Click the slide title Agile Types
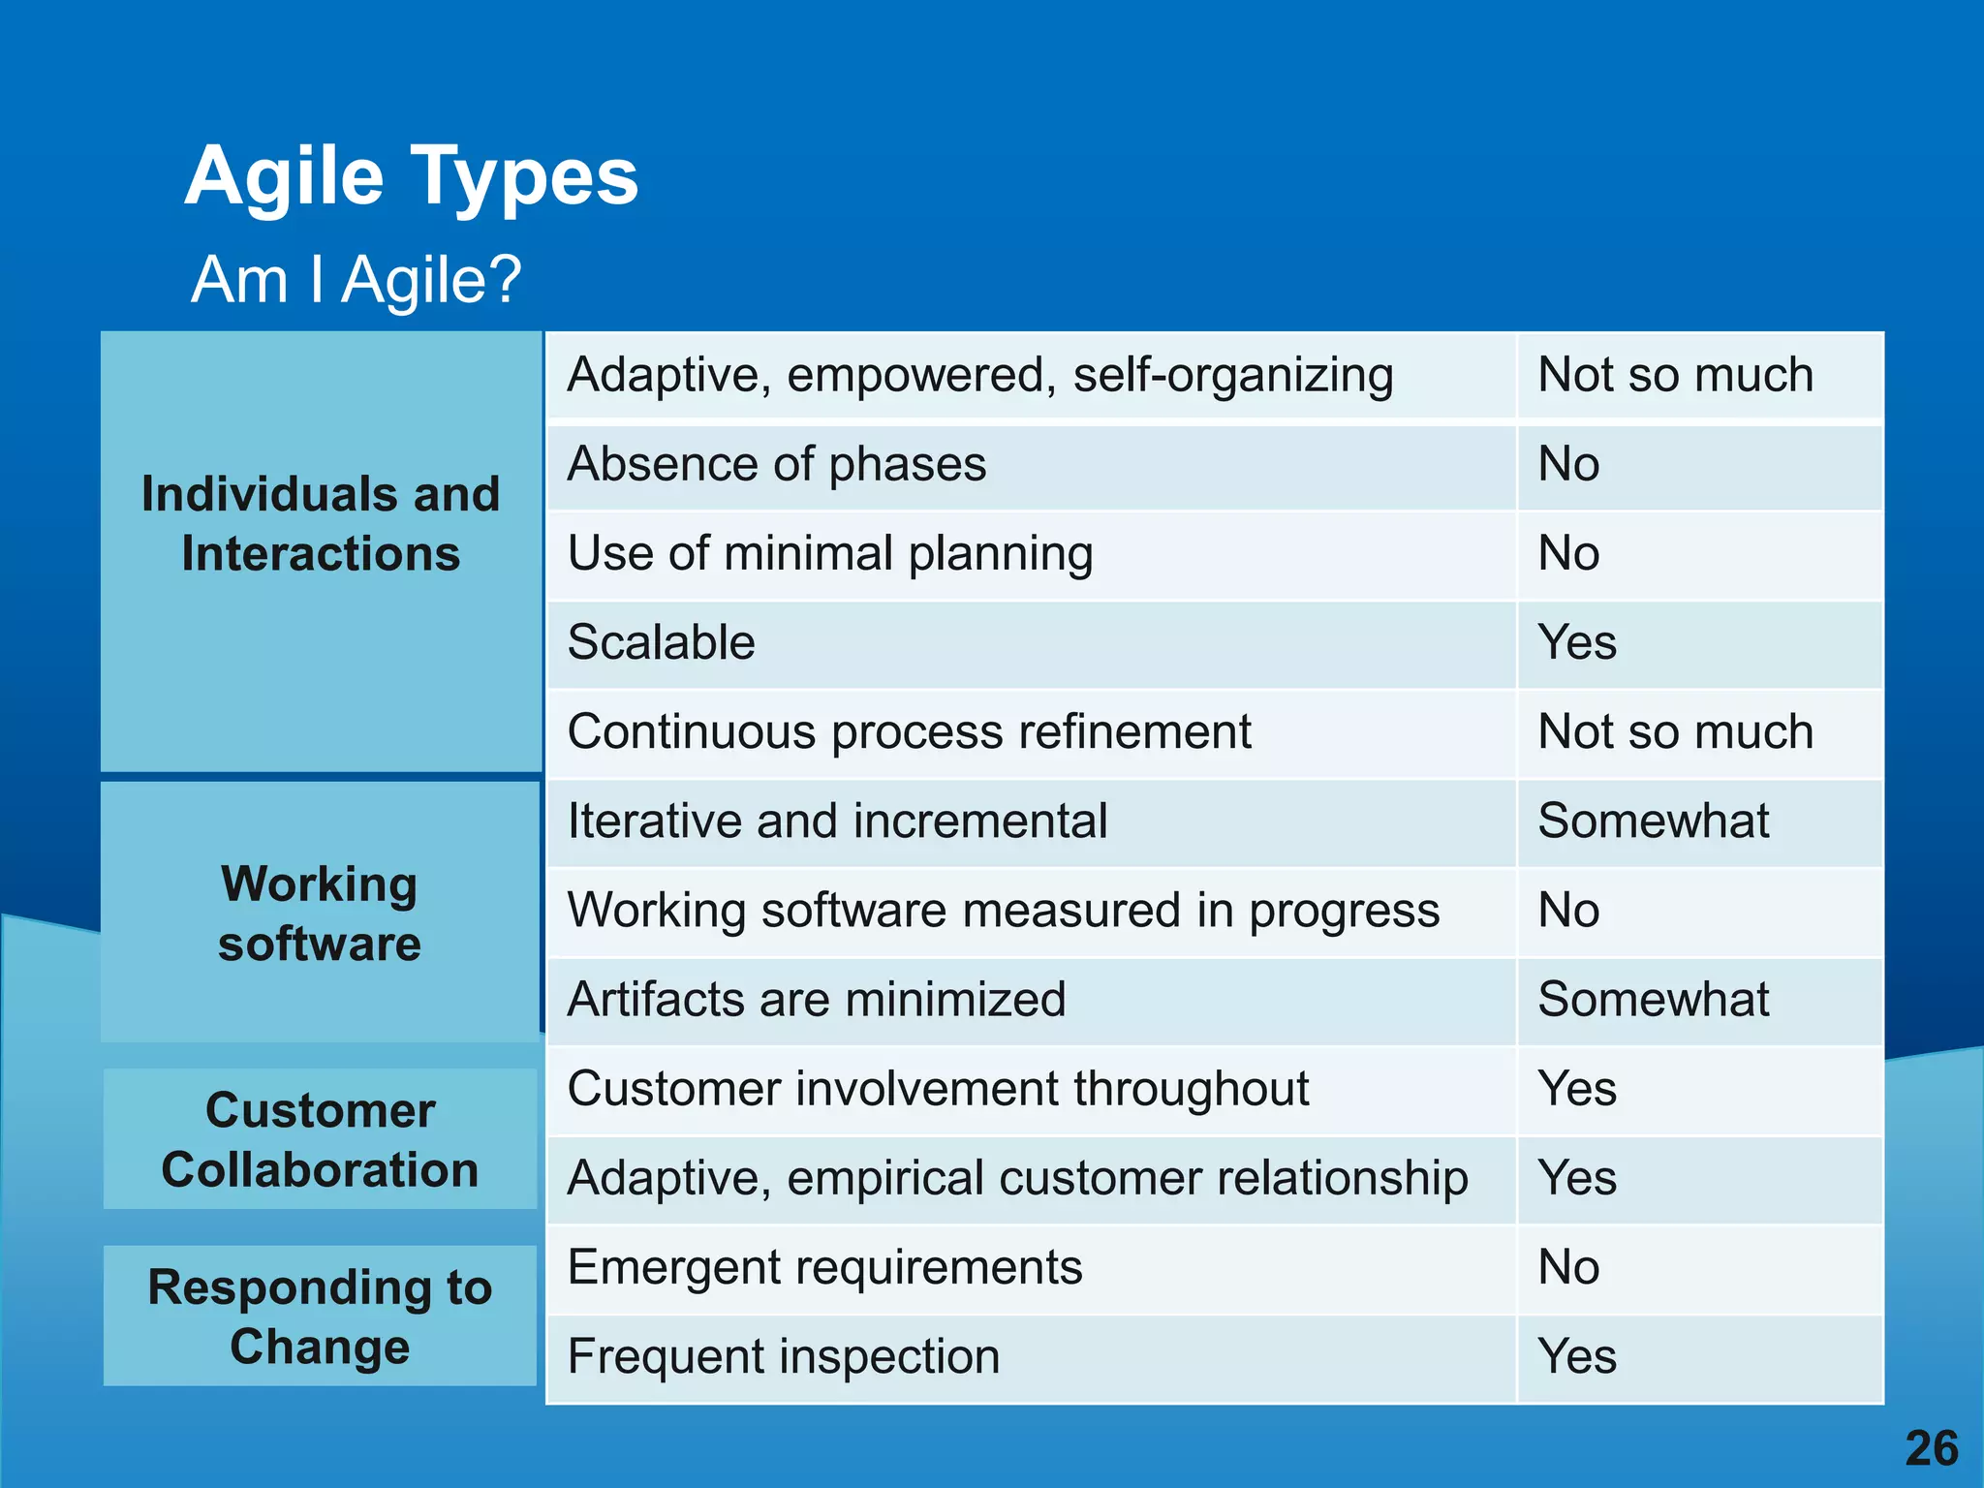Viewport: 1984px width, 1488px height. [x=412, y=176]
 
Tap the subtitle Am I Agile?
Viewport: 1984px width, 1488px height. [x=356, y=280]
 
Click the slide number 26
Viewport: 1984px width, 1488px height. [x=1931, y=1448]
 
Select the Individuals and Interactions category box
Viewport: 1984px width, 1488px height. [x=321, y=552]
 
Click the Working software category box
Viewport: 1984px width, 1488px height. [x=320, y=913]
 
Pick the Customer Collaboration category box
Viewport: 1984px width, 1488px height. [x=320, y=1139]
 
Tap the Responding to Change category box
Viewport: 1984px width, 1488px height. [x=320, y=1316]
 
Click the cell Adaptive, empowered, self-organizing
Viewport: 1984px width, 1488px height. [x=980, y=376]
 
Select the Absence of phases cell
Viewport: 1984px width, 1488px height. [x=777, y=465]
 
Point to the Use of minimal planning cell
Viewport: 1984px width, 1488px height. [x=830, y=554]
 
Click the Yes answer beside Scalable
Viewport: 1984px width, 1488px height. [x=1577, y=643]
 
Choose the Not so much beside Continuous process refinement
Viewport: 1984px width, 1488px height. [x=1675, y=732]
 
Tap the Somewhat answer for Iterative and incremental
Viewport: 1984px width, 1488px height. [x=1653, y=821]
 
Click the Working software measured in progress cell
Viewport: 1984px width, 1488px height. [x=1003, y=912]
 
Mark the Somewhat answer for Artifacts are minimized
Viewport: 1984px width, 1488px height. [x=1653, y=1000]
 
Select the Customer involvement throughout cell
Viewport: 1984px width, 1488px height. [x=938, y=1090]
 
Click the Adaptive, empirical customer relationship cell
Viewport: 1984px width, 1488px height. [x=1017, y=1179]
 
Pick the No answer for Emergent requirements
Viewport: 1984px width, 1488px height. [x=1568, y=1268]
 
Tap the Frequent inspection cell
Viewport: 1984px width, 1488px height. [x=784, y=1357]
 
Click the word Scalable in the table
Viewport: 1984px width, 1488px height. [x=661, y=643]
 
